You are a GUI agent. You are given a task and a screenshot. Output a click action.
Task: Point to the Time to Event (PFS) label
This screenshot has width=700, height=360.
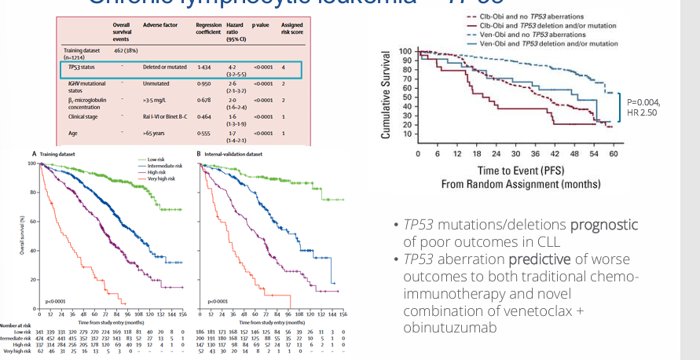click(x=514, y=171)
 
